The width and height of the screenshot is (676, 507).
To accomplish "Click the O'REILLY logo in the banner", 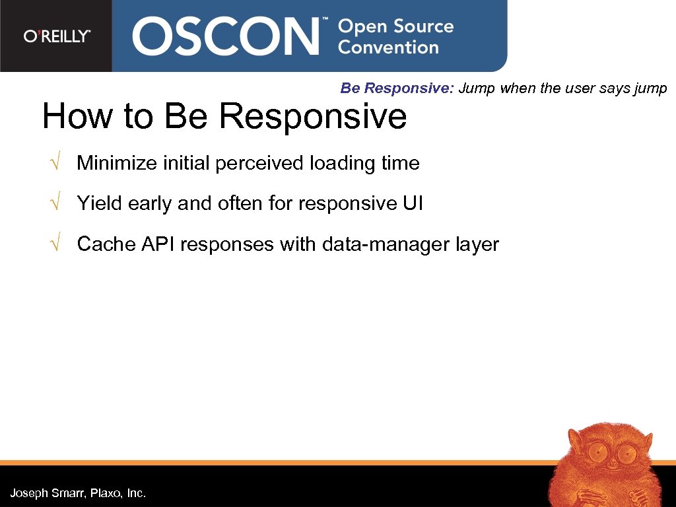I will click(x=57, y=36).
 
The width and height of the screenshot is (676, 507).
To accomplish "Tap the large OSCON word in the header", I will click(x=225, y=37).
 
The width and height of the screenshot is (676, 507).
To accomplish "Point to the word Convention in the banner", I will click(x=388, y=48).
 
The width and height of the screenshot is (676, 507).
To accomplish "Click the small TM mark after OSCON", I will click(x=324, y=21).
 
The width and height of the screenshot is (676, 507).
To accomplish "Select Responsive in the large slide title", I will click(x=312, y=116).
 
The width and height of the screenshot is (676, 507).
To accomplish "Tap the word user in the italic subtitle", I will click(x=581, y=88).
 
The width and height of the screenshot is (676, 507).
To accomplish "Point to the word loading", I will click(x=341, y=163).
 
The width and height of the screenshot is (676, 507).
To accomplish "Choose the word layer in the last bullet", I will click(x=477, y=244).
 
